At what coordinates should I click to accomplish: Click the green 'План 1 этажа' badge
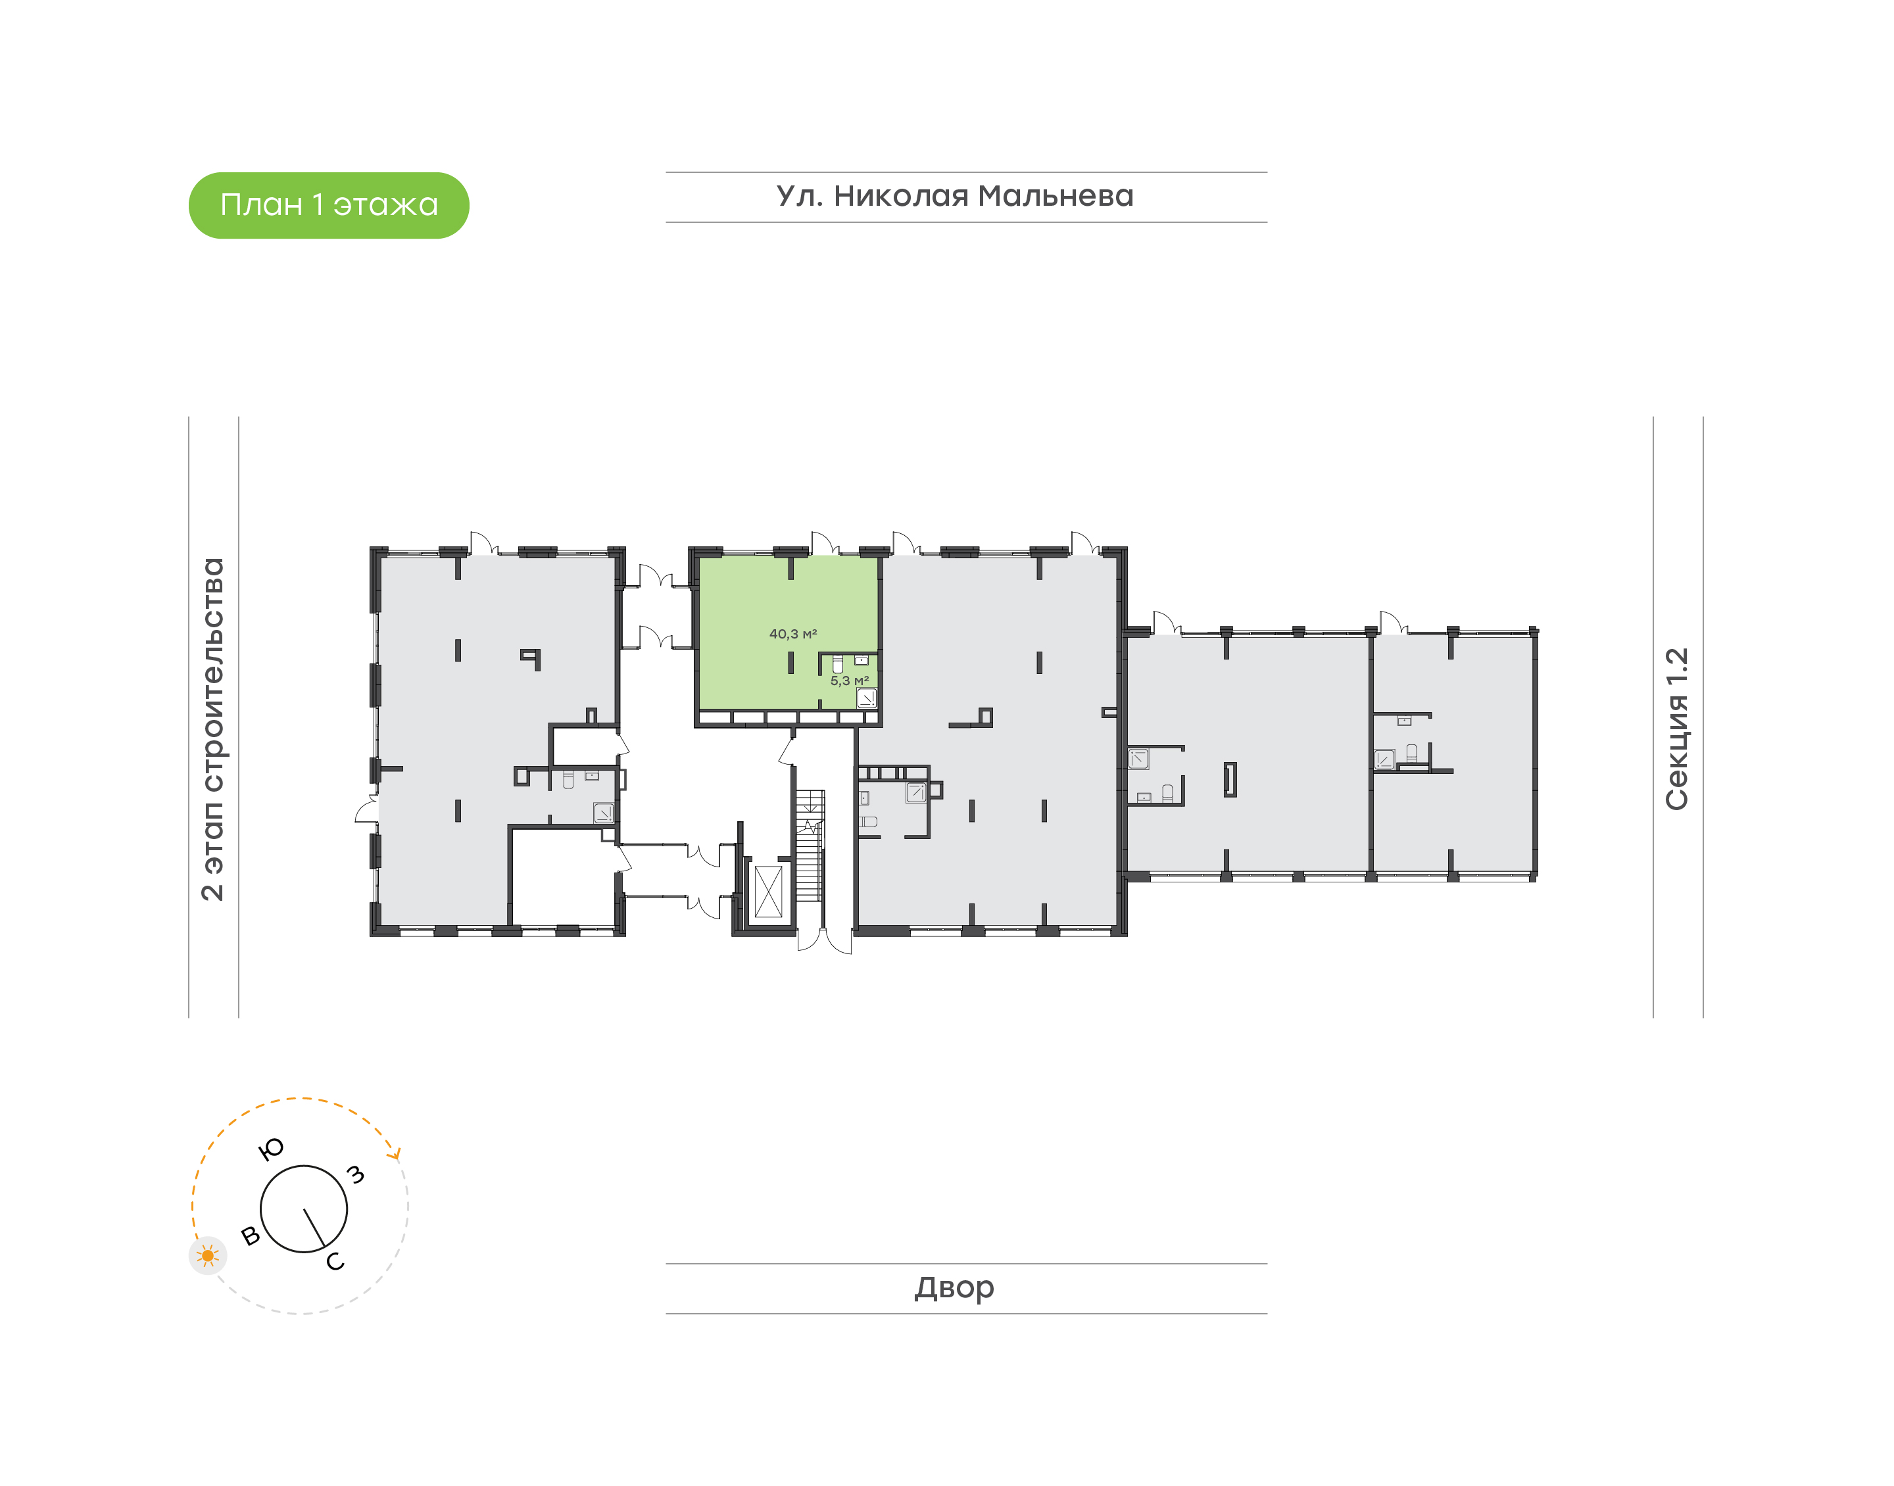[x=328, y=205]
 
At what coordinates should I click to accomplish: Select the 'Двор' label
[x=954, y=1287]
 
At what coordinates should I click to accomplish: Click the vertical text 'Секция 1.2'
[x=1676, y=729]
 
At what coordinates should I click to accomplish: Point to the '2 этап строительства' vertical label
[x=213, y=729]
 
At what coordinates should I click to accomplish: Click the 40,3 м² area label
[x=792, y=635]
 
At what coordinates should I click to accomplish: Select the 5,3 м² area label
[x=849, y=681]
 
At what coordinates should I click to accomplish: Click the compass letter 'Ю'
[x=272, y=1149]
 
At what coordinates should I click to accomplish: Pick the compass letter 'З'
[x=355, y=1174]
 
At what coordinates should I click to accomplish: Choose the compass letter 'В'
[x=251, y=1235]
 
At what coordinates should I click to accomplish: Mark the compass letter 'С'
[x=335, y=1262]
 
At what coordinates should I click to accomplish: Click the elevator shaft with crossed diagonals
[x=768, y=892]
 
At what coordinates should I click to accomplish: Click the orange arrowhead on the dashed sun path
[x=397, y=1155]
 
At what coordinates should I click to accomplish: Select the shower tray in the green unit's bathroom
[x=867, y=698]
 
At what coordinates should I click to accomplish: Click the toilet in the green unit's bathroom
[x=837, y=665]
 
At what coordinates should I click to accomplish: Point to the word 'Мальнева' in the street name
[x=1056, y=197]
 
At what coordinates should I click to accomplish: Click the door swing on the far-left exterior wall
[x=367, y=811]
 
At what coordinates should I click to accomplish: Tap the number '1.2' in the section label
[x=1676, y=667]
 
